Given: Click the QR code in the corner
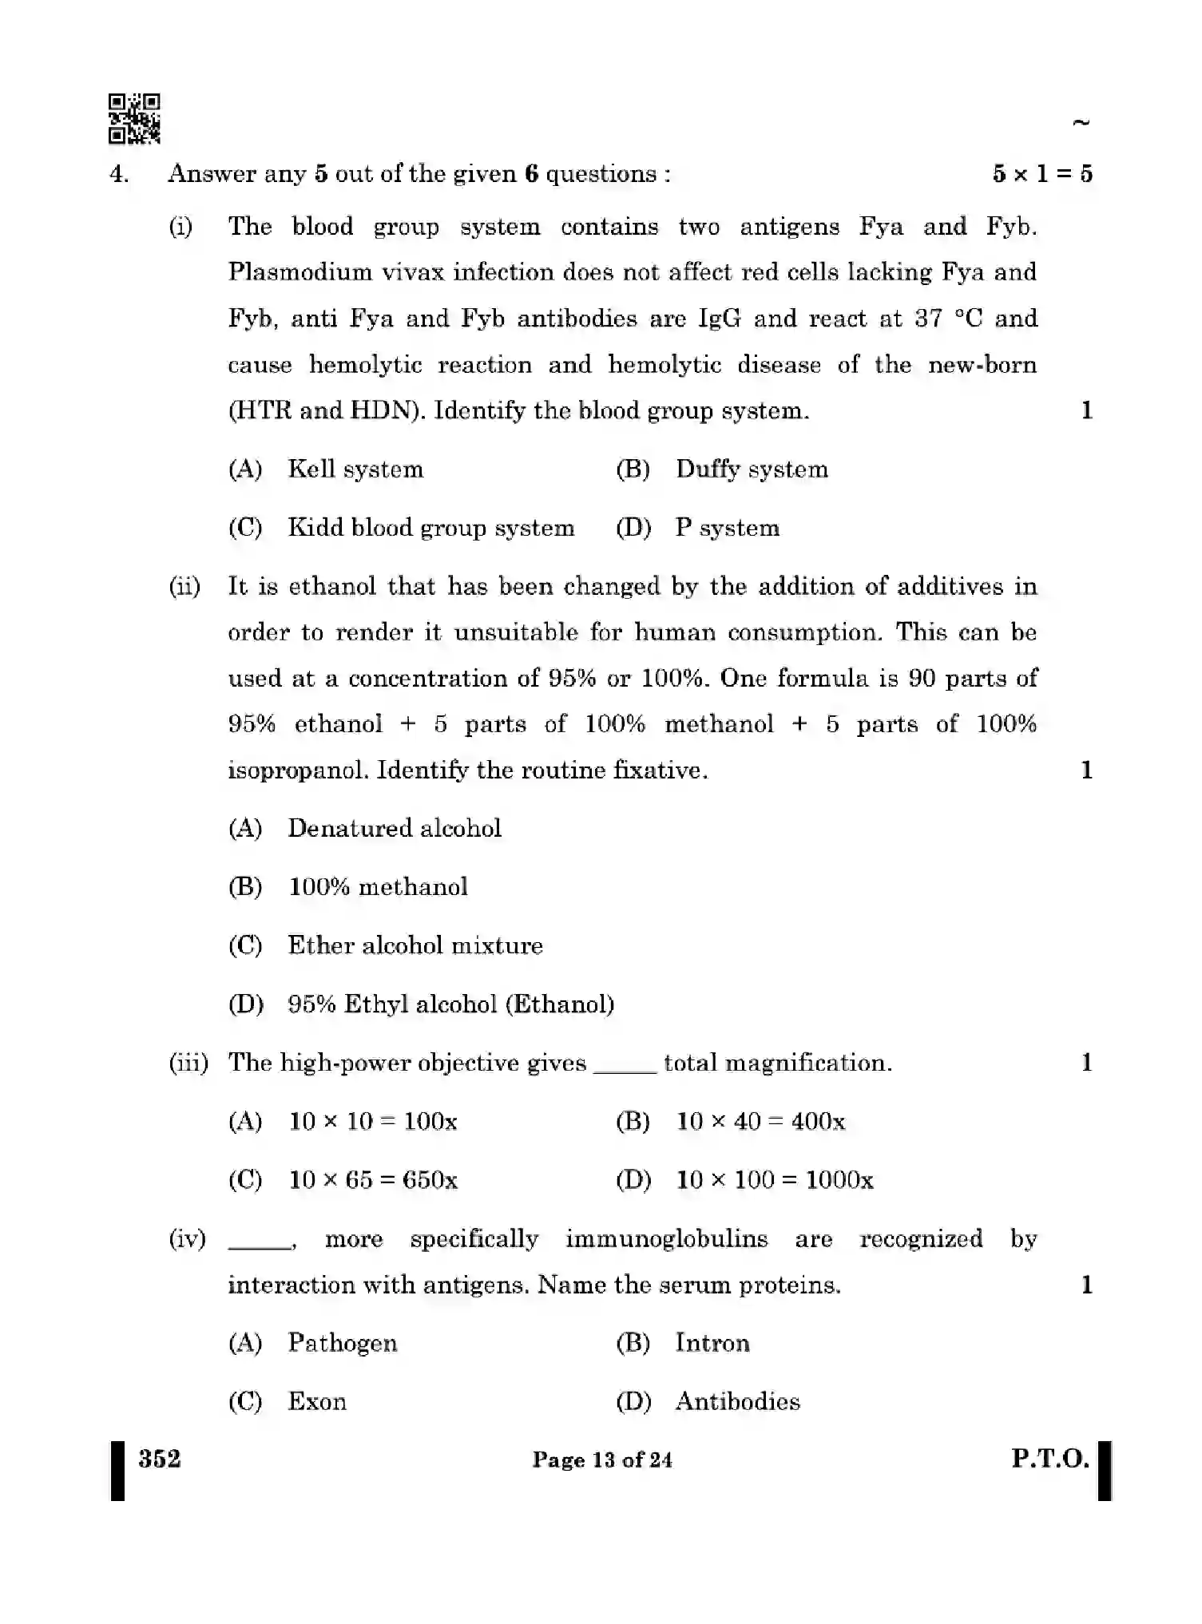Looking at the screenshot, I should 134,118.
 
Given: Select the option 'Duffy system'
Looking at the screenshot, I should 751,469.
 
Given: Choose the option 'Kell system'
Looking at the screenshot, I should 355,469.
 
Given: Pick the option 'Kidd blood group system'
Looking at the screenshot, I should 430,528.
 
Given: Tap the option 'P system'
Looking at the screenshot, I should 727,528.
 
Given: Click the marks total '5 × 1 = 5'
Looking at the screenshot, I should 1042,173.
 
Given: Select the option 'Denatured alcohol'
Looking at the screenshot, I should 395,828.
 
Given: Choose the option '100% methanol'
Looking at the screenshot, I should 378,887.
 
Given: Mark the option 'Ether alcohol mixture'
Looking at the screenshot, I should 415,945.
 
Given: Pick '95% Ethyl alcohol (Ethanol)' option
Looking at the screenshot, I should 451,1004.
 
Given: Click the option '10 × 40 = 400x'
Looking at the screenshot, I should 760,1122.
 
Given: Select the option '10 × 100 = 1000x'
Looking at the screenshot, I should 775,1180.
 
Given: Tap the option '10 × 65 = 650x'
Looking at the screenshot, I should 373,1180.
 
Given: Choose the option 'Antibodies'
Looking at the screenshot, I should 737,1401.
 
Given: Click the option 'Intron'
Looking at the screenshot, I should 712,1343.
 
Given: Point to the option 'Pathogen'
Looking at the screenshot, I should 343,1343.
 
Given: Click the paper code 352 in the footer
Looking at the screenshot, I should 160,1459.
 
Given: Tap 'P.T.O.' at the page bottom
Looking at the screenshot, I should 1050,1459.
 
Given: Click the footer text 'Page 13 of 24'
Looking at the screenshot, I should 602,1460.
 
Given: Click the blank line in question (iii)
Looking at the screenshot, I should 625,1070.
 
